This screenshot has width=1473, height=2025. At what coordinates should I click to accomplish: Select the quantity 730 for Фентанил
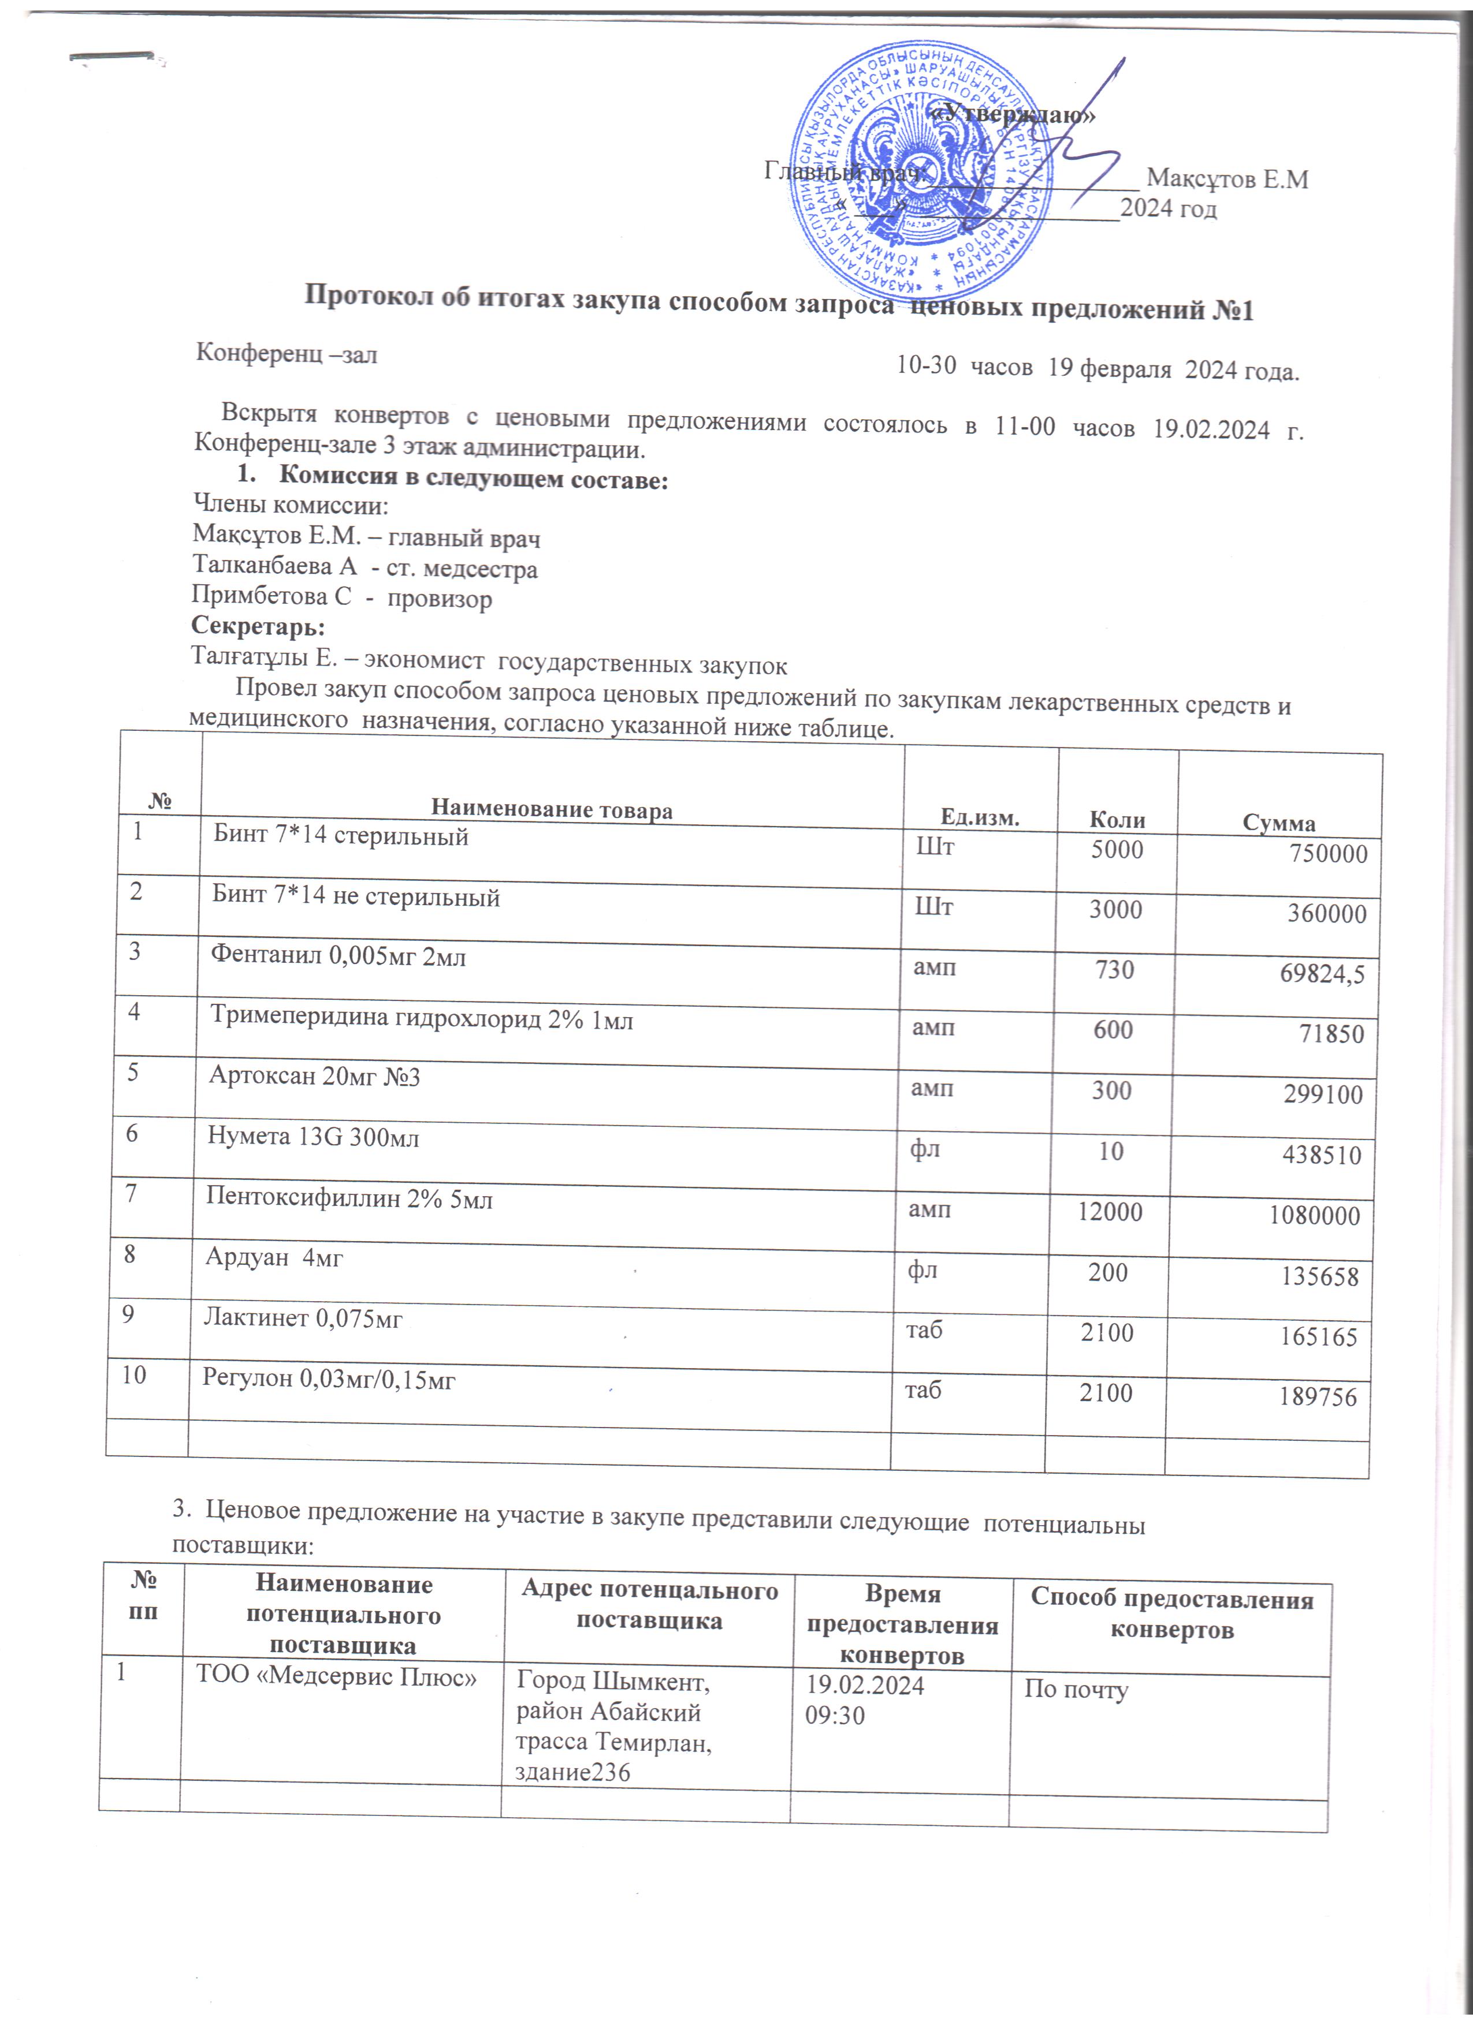[x=1114, y=970]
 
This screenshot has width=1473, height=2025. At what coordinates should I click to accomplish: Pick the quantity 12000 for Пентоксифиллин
[x=1110, y=1212]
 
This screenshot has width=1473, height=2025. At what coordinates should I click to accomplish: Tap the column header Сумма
[x=1279, y=823]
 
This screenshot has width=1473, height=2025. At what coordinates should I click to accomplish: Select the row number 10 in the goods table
[x=134, y=1375]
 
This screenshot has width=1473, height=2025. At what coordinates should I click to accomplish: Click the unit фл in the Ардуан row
[x=922, y=1269]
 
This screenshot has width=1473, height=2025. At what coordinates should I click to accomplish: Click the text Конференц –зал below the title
[x=287, y=354]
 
